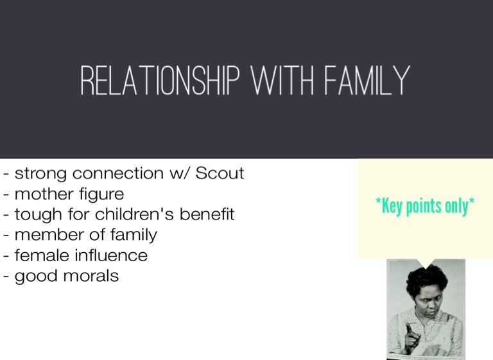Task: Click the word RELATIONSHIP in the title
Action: [x=160, y=80]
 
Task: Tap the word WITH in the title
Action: [x=283, y=80]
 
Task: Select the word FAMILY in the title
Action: [x=367, y=80]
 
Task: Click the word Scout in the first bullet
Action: [x=220, y=173]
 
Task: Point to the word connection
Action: [x=118, y=173]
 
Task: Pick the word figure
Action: [x=101, y=194]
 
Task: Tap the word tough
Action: [x=38, y=215]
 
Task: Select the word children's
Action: [x=134, y=214]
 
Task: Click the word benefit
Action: [x=207, y=214]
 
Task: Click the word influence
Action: [x=111, y=255]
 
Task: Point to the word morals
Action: [x=91, y=276]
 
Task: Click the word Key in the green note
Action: [x=391, y=206]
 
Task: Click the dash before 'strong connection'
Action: [x=6, y=174]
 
